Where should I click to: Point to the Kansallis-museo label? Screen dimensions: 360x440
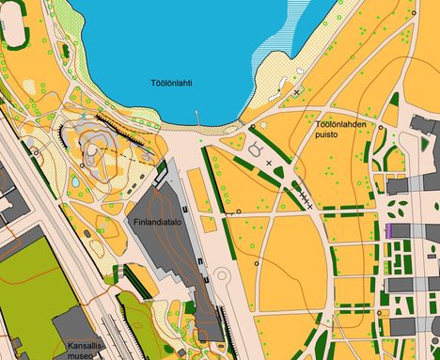(x=86, y=350)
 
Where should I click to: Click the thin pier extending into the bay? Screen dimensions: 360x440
(x=197, y=118)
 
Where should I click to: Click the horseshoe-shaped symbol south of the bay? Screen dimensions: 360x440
(x=257, y=148)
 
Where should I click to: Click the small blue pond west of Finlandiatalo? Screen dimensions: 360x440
(x=75, y=180)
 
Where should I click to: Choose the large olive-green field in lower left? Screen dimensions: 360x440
(x=33, y=282)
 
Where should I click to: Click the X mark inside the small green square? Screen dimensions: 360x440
(x=298, y=92)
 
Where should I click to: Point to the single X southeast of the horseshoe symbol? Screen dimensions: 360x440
(x=270, y=163)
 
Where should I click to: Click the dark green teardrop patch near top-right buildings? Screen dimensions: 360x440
(x=393, y=99)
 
